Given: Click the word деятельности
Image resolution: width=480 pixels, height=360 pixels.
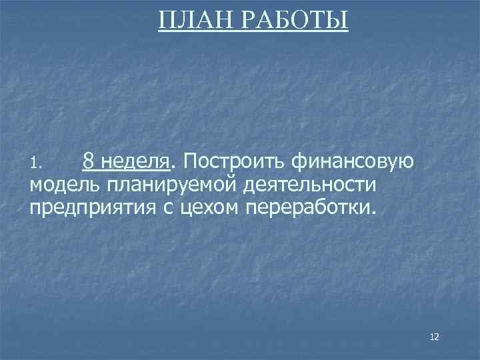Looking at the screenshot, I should [x=308, y=184].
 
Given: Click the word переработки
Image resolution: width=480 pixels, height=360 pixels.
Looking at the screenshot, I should [x=311, y=207].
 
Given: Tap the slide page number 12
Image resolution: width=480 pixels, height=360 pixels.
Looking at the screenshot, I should [x=435, y=337].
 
